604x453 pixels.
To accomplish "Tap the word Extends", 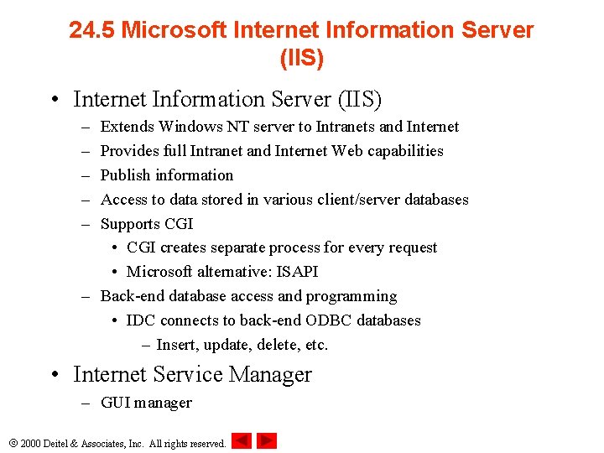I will [128, 127].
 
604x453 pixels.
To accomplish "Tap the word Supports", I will [130, 224].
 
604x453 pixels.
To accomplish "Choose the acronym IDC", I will [141, 320].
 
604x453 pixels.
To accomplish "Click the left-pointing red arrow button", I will [241, 440].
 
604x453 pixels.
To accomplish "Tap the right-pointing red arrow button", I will [267, 440].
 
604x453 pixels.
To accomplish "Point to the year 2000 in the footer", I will [30, 443].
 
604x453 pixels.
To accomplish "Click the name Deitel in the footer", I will [60, 443].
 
